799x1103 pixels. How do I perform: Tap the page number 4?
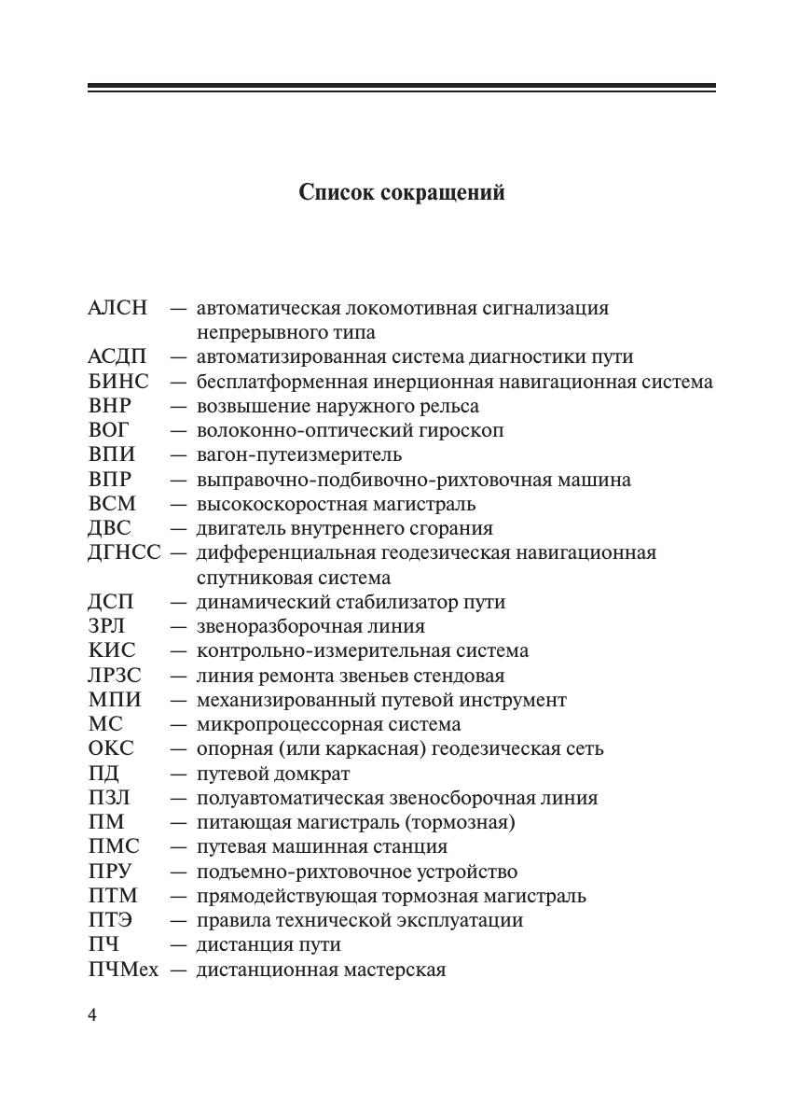click(92, 1015)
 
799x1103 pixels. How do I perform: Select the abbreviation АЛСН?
click(117, 308)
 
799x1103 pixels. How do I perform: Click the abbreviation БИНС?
click(118, 382)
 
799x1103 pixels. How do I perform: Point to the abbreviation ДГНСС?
click(124, 552)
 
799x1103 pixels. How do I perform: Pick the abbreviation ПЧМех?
click(123, 970)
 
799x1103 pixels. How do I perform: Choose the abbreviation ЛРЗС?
click(115, 676)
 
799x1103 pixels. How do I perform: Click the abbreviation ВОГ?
click(109, 430)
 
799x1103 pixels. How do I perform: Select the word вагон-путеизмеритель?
click(299, 455)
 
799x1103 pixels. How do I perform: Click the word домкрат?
click(312, 774)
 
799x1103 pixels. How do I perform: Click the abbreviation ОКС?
click(111, 748)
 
